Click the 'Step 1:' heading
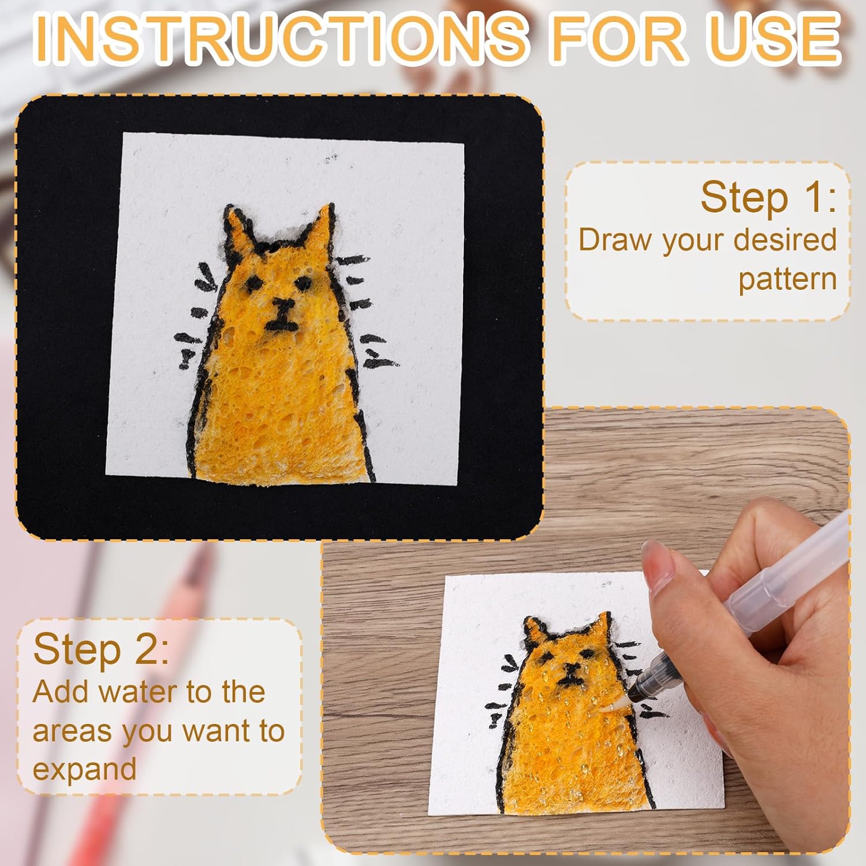tap(768, 197)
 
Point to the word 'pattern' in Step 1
tap(787, 279)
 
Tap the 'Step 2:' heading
tap(101, 649)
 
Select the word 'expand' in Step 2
tap(84, 770)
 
